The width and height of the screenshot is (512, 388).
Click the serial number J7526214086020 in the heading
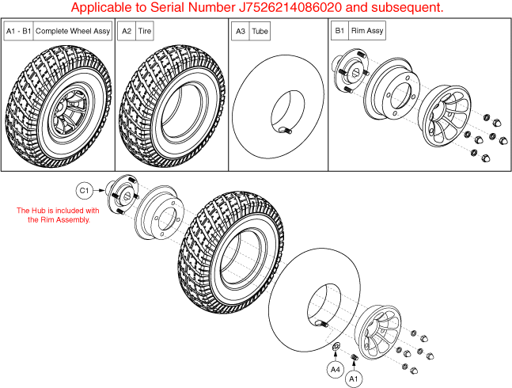pyautogui.click(x=290, y=7)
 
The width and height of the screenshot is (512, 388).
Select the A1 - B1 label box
pyautogui.click(x=19, y=31)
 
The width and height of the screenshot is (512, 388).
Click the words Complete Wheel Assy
pyautogui.click(x=73, y=31)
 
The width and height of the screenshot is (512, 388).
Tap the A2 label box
pyautogui.click(x=127, y=31)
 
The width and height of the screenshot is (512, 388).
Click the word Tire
pyautogui.click(x=144, y=31)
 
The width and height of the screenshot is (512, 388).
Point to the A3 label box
pyautogui.click(x=241, y=31)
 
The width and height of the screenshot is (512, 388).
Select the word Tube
pyautogui.click(x=260, y=32)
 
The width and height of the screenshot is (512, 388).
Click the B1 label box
pyautogui.click(x=340, y=31)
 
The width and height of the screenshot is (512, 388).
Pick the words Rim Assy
pyautogui.click(x=367, y=31)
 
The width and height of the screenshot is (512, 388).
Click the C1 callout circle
pyautogui.click(x=84, y=190)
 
